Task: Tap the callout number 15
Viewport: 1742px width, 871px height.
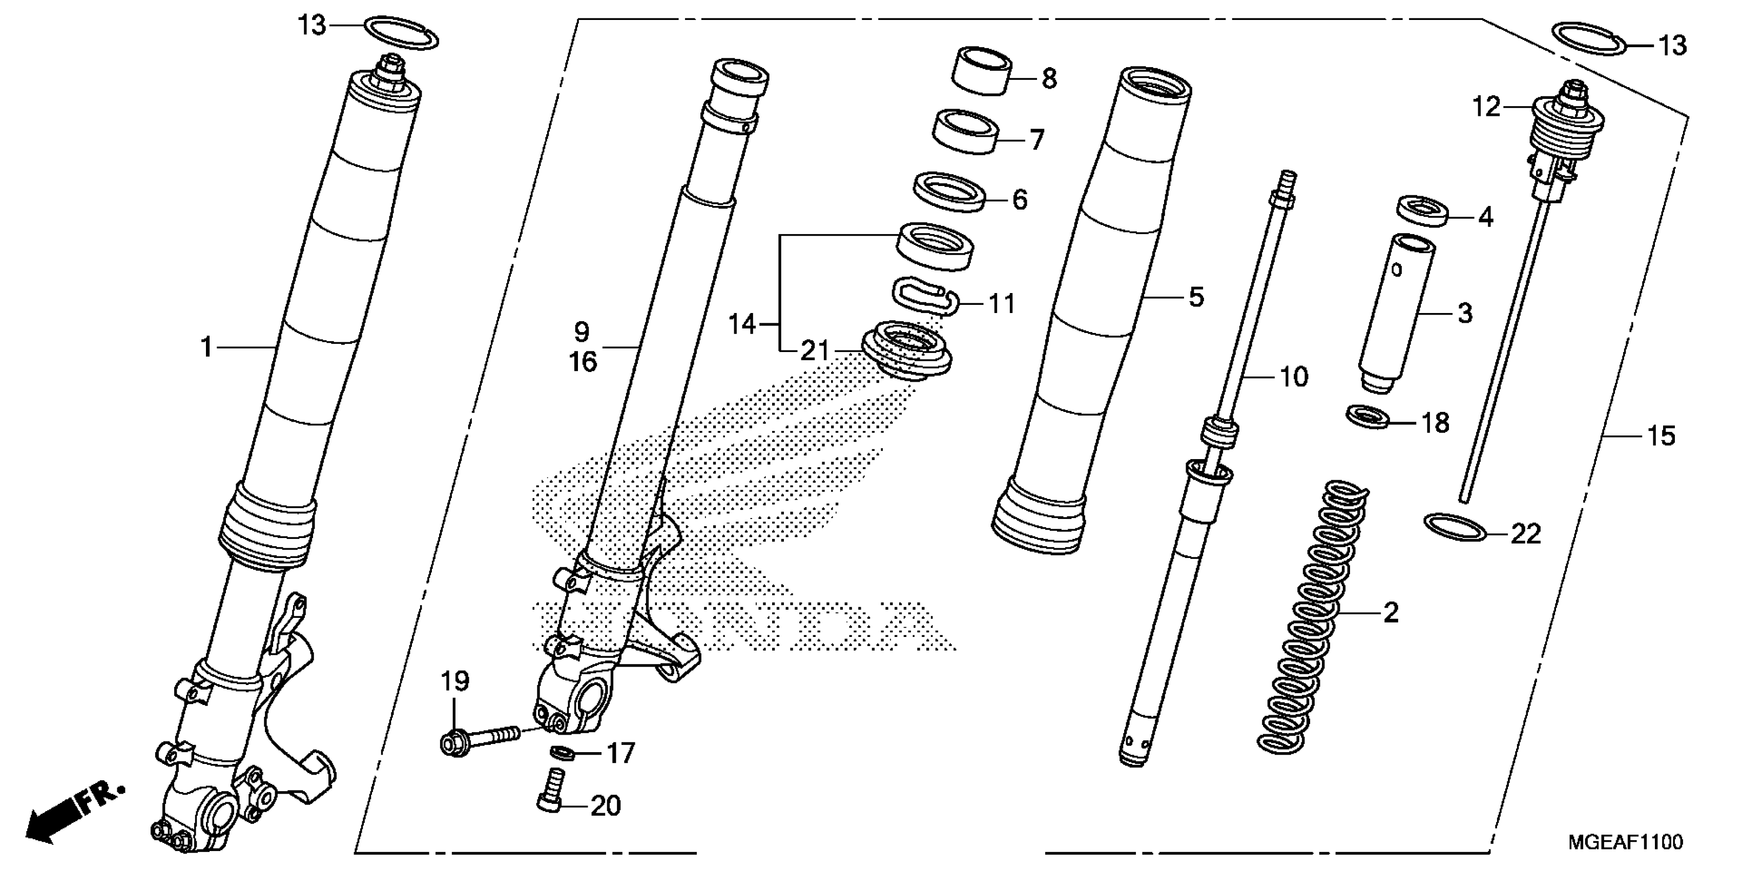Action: pyautogui.click(x=1661, y=436)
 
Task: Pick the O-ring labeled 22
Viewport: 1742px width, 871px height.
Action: pyautogui.click(x=1455, y=527)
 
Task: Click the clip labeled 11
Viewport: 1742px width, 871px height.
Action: pyautogui.click(x=923, y=298)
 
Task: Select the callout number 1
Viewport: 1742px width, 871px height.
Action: pyautogui.click(x=206, y=347)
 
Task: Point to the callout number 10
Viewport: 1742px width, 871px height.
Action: pyautogui.click(x=1293, y=377)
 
